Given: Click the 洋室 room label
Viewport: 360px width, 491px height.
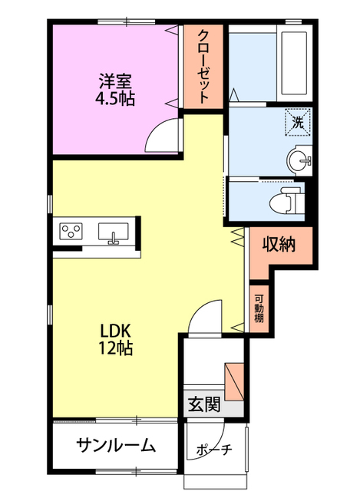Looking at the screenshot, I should point(115,79).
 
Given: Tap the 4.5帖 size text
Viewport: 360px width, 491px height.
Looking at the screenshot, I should point(115,99).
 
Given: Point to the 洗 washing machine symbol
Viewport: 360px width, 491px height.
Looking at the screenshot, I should point(299,120).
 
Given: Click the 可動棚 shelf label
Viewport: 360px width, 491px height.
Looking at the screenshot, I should point(260,307).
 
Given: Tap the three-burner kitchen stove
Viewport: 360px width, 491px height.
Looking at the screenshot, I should point(71,231).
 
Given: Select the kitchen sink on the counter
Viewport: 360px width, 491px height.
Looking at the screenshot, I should point(115,232).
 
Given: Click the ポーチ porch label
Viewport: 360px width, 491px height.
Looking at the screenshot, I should point(214,450).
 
